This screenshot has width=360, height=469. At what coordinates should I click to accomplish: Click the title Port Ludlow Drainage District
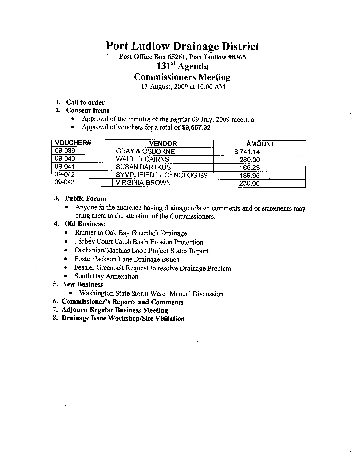point(182,46)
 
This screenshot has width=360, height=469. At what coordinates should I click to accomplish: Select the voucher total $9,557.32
point(196,128)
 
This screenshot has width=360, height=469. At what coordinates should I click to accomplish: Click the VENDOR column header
point(163,144)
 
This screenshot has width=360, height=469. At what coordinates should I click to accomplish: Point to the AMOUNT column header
point(260,144)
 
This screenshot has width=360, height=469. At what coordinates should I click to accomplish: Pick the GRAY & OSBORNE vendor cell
point(145,151)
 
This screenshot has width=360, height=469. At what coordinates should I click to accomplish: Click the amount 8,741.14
point(247,152)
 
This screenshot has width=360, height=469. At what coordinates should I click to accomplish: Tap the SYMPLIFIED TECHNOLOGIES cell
point(161,175)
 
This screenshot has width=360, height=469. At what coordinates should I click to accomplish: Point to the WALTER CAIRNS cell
point(142,159)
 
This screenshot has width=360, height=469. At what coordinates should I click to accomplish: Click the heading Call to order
point(85,102)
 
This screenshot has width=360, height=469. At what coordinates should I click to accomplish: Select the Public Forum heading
point(86,199)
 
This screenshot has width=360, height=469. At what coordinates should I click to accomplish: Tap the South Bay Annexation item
point(106,276)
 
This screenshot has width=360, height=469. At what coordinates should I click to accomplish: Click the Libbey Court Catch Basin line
point(139,242)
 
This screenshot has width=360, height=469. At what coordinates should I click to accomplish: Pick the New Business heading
point(82,284)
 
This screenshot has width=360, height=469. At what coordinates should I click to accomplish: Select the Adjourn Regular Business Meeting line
point(115,310)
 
